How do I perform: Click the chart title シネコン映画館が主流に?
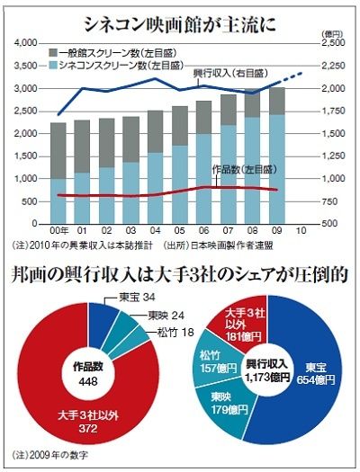click(x=179, y=25)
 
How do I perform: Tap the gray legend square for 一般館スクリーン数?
click(x=53, y=53)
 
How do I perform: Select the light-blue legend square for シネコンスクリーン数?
click(x=53, y=65)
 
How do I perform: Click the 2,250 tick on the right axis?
click(x=333, y=66)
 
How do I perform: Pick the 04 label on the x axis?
click(x=155, y=230)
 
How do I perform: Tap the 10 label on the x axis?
click(x=301, y=230)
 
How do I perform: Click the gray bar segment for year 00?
click(x=58, y=151)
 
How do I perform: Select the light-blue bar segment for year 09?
click(x=277, y=169)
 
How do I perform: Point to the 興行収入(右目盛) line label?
click(x=230, y=74)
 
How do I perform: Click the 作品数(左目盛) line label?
click(x=244, y=170)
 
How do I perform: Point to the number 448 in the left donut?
click(x=88, y=382)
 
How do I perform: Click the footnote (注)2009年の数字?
click(x=50, y=455)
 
